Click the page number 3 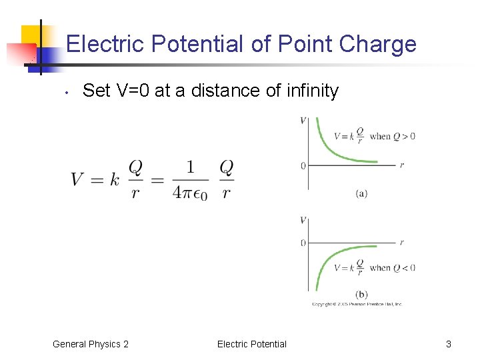448,344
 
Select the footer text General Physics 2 91,344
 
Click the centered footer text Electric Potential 251,344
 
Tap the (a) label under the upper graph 361,193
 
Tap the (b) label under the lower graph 361,293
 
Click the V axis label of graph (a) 303,121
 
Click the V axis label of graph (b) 303,221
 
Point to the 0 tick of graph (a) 303,165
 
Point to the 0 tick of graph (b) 303,243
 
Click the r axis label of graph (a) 401,165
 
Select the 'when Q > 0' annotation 392,136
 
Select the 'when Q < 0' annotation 392,268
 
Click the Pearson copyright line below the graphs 357,304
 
